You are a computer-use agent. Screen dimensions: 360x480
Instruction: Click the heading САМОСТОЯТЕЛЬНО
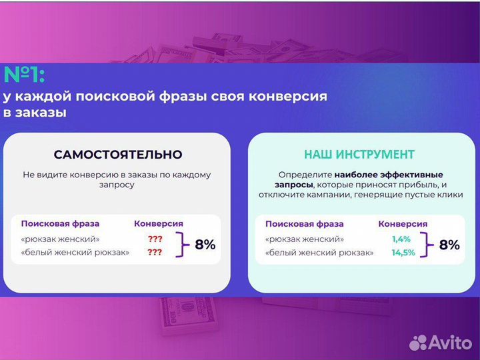tap(118, 155)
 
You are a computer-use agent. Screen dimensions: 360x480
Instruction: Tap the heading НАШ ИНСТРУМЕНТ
tap(359, 155)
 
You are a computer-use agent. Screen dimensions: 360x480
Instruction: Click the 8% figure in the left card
tap(205, 245)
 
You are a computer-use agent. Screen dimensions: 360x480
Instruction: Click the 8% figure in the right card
tap(449, 245)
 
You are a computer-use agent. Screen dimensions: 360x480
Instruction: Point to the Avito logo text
tap(451, 343)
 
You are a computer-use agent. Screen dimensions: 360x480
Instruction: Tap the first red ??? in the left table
tap(155, 239)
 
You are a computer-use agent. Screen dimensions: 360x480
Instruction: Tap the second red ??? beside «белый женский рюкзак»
tap(155, 253)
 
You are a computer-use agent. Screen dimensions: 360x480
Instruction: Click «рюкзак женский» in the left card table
tap(61, 239)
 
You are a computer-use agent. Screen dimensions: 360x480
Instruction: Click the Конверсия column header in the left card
tap(159, 224)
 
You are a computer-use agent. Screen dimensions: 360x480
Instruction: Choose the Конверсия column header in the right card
tap(403, 224)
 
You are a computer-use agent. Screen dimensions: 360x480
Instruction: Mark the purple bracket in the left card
tap(180, 245)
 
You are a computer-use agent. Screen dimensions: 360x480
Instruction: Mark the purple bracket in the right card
tap(425, 245)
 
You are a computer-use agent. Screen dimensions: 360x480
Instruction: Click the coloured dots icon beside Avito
tap(419, 342)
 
